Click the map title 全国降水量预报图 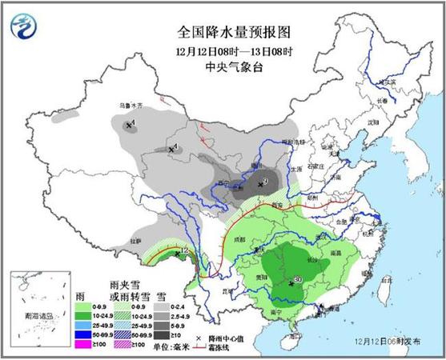pyautogui.click(x=233, y=31)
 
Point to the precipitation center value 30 pyautogui.click(x=297, y=279)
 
